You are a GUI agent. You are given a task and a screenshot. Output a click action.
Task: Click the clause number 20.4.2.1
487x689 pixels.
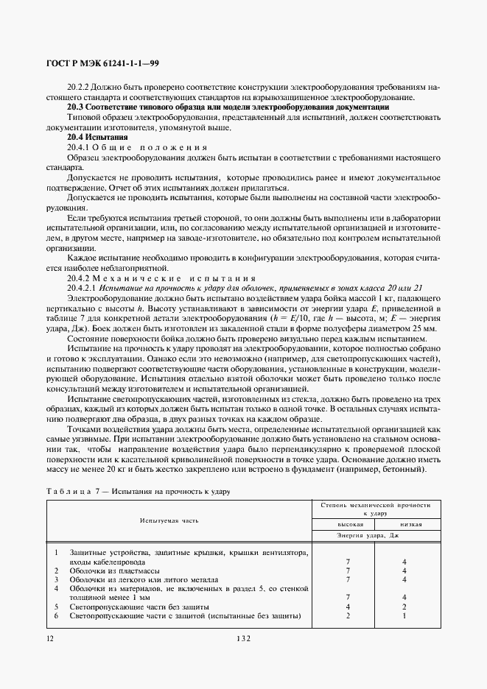pos(82,287)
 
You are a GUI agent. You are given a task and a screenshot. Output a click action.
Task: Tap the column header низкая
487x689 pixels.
pos(410,525)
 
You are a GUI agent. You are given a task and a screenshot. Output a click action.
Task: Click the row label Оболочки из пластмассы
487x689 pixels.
pos(105,570)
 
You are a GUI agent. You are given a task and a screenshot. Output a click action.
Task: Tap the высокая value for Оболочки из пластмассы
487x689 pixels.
pos(346,570)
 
